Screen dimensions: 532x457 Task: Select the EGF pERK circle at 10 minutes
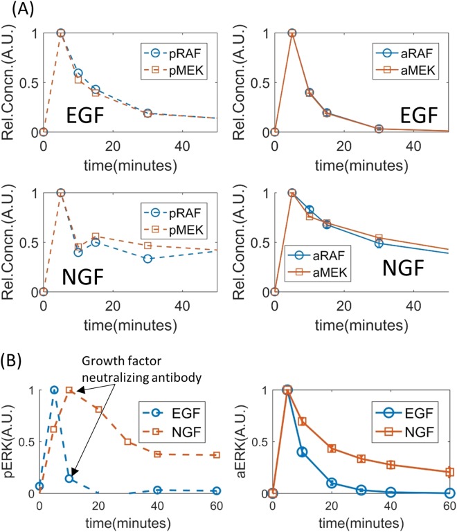coord(69,478)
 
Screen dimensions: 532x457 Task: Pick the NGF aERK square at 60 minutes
coord(449,472)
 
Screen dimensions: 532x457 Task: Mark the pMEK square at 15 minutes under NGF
coord(96,237)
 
